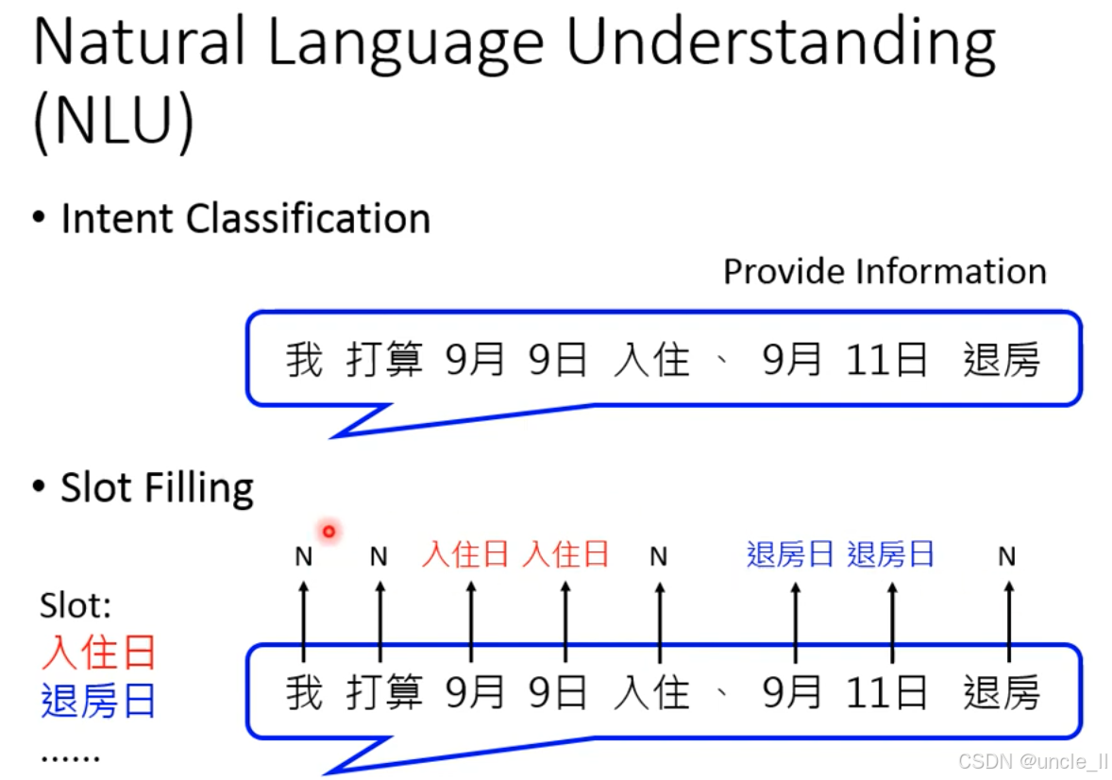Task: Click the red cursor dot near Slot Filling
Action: tap(329, 532)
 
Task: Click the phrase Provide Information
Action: tap(885, 272)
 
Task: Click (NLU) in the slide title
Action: tap(113, 123)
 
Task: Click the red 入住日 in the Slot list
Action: tap(98, 653)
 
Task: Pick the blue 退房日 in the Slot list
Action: tap(98, 701)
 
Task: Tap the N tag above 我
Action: tap(303, 557)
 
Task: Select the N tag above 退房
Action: tap(1007, 557)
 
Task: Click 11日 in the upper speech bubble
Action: tap(886, 361)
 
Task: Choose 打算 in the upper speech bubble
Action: tap(384, 361)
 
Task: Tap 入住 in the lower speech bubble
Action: tap(651, 694)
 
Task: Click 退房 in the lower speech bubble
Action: tap(1001, 694)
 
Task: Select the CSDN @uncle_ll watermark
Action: tap(1033, 761)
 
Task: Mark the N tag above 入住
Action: tap(659, 557)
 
